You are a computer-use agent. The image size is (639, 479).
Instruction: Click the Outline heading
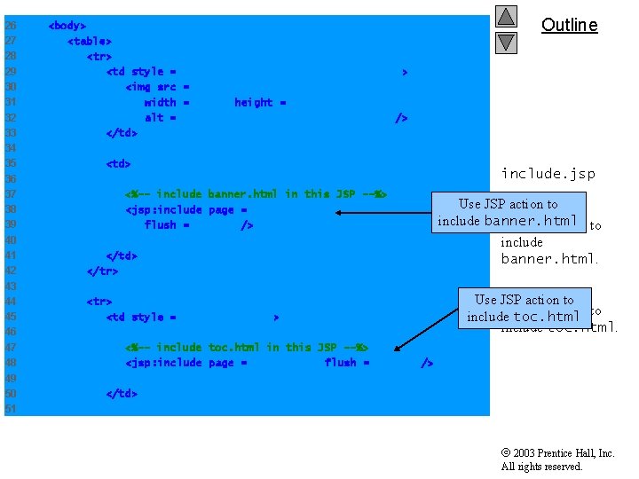(569, 25)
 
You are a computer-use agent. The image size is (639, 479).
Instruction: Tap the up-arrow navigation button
(506, 17)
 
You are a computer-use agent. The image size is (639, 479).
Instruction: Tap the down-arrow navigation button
(506, 42)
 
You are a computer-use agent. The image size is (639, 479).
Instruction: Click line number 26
(11, 26)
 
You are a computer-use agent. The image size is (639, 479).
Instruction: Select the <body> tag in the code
(67, 26)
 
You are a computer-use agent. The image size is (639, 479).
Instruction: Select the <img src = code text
(157, 87)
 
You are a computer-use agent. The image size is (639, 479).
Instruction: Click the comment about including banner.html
(256, 193)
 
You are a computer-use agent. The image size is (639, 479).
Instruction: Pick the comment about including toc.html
(246, 347)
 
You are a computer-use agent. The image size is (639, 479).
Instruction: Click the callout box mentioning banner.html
(508, 212)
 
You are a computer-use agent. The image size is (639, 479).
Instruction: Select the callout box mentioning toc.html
(524, 308)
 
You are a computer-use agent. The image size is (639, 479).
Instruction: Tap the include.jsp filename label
(548, 173)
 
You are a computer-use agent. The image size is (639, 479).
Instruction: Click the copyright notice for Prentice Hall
(556, 459)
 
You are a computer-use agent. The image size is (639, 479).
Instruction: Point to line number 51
(11, 409)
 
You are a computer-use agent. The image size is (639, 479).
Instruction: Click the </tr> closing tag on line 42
(102, 271)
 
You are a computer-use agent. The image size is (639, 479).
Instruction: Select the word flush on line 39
(161, 225)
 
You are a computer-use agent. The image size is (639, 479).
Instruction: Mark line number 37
(11, 193)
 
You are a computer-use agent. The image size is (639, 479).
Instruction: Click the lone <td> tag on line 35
(118, 163)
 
